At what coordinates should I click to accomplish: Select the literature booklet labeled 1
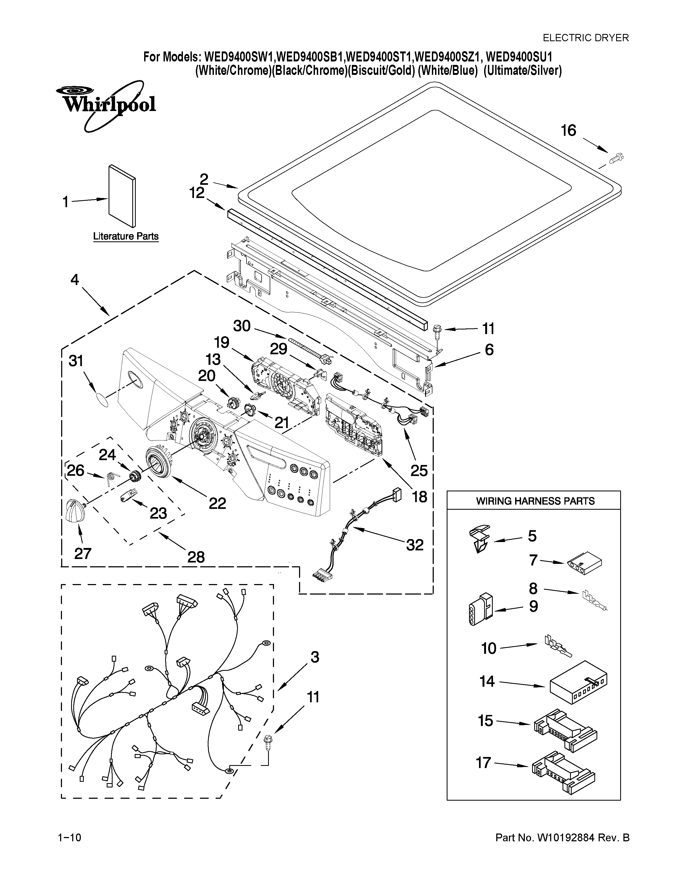[x=122, y=195]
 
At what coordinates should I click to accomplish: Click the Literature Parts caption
[x=126, y=237]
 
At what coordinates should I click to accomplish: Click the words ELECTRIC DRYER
[x=586, y=38]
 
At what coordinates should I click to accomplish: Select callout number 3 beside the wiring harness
[x=315, y=657]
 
